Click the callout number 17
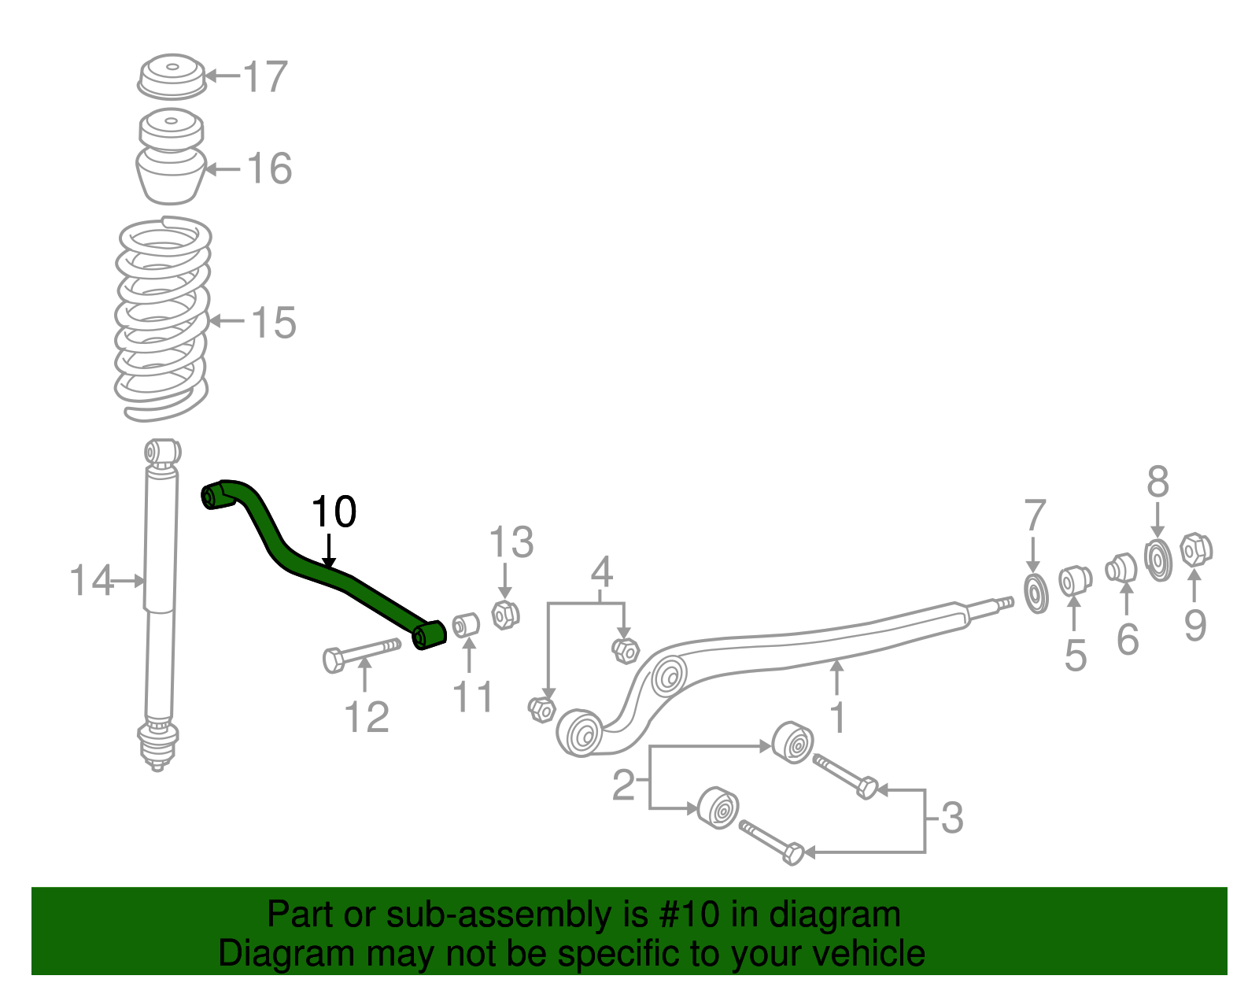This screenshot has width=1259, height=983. [x=266, y=77]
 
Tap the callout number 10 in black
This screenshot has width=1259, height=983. [x=334, y=512]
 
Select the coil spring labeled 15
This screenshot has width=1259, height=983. [x=163, y=319]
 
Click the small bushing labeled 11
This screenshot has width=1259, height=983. [x=467, y=625]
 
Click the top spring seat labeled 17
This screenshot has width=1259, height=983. [x=172, y=76]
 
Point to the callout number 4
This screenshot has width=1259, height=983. [x=601, y=572]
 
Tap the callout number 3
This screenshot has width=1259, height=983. [x=952, y=819]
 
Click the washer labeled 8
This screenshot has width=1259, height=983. [x=1157, y=560]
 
